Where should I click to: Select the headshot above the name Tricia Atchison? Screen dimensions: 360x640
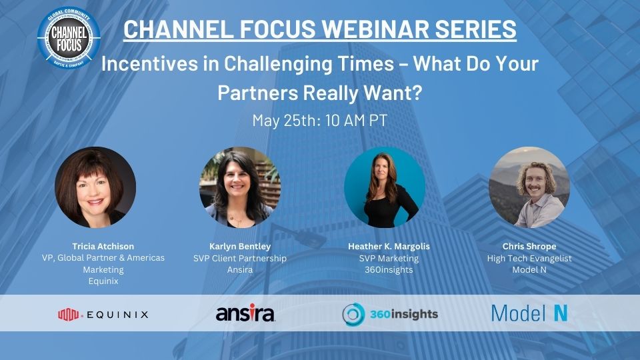pos(95,187)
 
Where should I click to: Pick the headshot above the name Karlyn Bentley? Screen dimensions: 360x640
pos(240,187)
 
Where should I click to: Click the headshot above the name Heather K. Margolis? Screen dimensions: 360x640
pos(385,187)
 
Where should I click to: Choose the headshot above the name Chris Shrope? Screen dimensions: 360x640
pos(529,187)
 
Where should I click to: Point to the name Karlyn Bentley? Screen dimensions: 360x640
pos(240,246)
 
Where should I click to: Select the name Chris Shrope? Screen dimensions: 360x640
pos(529,246)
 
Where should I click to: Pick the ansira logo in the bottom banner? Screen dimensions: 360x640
pos(245,313)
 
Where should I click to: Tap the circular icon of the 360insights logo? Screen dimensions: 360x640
pos(353,313)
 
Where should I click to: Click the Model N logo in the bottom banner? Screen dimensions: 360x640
pos(529,313)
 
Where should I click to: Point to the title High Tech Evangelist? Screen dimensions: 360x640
pos(529,258)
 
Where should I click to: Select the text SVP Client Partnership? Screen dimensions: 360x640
pos(240,258)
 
